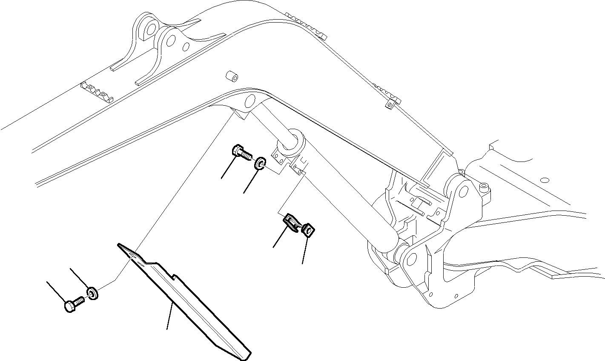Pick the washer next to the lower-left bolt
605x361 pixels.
pos(92,293)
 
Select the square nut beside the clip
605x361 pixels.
pos(308,231)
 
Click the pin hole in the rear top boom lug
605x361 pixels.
pos(150,29)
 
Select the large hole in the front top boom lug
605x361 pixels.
pos(171,41)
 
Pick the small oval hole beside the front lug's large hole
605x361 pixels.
pos(186,46)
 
